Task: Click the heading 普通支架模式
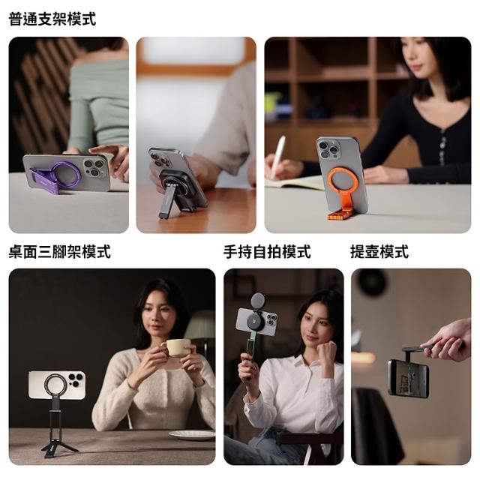click(x=52, y=19)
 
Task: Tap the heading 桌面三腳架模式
click(x=60, y=252)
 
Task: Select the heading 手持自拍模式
click(x=267, y=252)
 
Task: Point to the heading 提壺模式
click(x=379, y=252)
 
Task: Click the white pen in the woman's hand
click(x=278, y=157)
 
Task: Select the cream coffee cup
click(x=178, y=347)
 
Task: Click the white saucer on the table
click(x=193, y=435)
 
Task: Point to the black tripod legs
click(x=58, y=446)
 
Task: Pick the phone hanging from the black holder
click(x=408, y=379)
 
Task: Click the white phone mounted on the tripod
click(x=57, y=385)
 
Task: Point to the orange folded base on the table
click(x=339, y=215)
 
